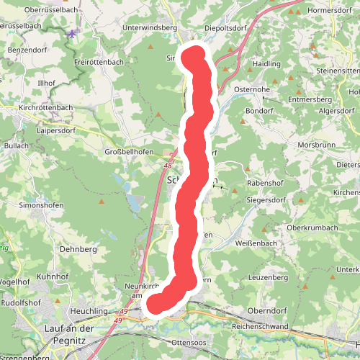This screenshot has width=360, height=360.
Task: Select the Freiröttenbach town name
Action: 99,62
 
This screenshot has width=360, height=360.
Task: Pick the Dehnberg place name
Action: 78,248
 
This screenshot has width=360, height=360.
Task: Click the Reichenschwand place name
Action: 261,326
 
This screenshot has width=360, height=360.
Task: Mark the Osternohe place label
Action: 251,89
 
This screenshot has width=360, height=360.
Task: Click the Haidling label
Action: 266,63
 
